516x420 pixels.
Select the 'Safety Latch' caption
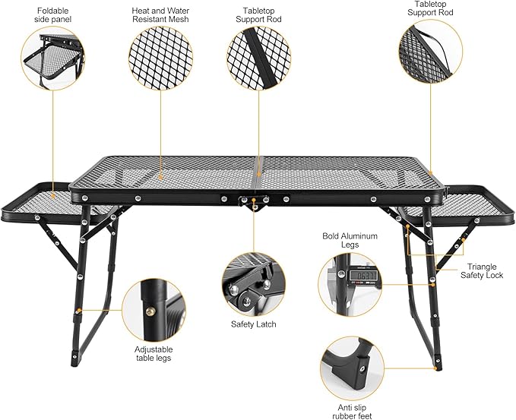pyautogui.click(x=253, y=324)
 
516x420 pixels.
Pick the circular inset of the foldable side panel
pyautogui.click(x=51, y=58)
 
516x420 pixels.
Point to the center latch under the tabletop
pyautogui.click(x=253, y=201)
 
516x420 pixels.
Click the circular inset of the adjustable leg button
pyautogui.click(x=152, y=309)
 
